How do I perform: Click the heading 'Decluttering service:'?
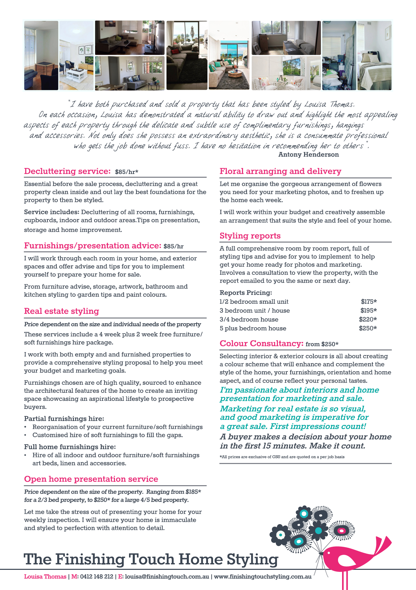click(x=67, y=171)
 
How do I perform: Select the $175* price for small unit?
click(x=369, y=302)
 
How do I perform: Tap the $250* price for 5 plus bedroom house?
click(x=368, y=328)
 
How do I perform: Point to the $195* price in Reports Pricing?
click(x=368, y=310)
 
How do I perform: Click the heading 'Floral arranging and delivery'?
click(x=280, y=171)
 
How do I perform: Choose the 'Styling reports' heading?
click(x=250, y=236)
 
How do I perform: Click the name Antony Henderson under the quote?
click(x=308, y=155)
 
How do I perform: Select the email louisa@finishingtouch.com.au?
click(x=167, y=577)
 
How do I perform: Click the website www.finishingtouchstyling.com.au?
click(x=262, y=577)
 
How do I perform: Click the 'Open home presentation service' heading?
click(x=91, y=479)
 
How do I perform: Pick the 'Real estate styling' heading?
click(x=61, y=311)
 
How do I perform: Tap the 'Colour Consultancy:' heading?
click(x=261, y=343)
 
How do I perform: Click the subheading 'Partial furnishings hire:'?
click(x=64, y=419)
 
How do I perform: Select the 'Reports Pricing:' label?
click(x=246, y=293)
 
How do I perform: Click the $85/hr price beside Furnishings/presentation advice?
click(x=173, y=246)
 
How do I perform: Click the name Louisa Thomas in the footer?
click(x=45, y=577)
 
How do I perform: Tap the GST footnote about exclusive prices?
click(x=282, y=457)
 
